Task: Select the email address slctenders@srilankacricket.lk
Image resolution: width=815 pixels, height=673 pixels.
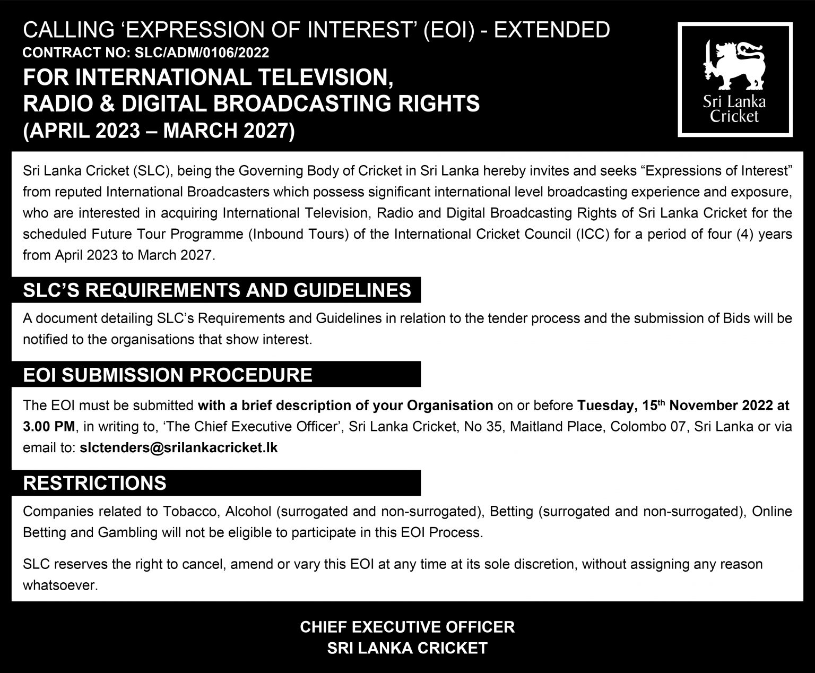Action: tap(178, 447)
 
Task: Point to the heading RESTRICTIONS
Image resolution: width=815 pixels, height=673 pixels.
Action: tap(95, 483)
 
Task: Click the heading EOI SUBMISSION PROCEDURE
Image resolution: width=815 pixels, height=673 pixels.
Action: tap(168, 375)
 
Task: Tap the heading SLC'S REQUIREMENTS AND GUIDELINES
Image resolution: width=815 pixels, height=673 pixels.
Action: tap(217, 290)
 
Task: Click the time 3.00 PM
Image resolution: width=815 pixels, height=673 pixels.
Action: tap(50, 427)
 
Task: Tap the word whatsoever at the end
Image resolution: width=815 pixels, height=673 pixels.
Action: tap(60, 586)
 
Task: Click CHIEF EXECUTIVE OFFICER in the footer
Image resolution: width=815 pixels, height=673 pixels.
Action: tap(407, 627)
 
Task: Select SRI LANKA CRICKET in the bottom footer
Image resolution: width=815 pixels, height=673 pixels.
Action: tap(407, 648)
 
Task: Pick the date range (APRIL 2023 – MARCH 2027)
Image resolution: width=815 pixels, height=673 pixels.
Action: tap(158, 130)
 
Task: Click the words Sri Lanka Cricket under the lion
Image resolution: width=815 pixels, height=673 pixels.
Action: tap(734, 108)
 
